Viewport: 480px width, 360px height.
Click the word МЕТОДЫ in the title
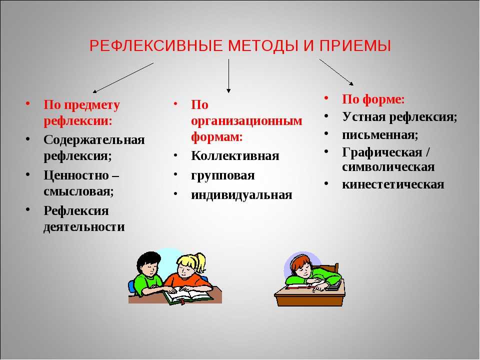[263, 46]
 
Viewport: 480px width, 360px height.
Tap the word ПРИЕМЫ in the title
[355, 46]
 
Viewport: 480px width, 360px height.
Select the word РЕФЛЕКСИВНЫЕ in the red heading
[156, 46]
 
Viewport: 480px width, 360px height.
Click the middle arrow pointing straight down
[228, 76]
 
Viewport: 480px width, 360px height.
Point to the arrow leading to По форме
[336, 72]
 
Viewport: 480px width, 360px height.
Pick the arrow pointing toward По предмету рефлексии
[123, 78]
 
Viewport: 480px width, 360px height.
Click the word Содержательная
[94, 140]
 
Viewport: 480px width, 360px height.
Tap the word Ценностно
[76, 175]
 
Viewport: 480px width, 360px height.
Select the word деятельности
[84, 227]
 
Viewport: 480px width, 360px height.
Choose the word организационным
[246, 121]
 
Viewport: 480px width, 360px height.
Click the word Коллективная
[235, 156]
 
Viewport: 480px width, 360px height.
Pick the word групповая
[223, 175]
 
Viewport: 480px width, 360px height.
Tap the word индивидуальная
[241, 195]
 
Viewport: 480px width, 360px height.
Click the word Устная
[363, 116]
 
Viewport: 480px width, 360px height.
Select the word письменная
[380, 135]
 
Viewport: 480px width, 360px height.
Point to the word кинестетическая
[393, 184]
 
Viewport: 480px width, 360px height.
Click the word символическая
[388, 167]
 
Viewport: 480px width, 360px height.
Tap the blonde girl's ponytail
[200, 262]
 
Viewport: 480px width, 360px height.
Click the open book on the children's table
[187, 295]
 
